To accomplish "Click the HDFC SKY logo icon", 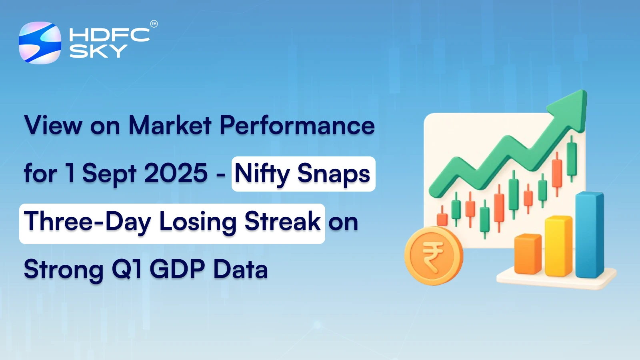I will click(40, 43).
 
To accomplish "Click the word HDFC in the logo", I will click(109, 35).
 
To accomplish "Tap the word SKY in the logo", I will click(98, 51).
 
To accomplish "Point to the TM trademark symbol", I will click(154, 24).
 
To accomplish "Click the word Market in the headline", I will click(170, 126).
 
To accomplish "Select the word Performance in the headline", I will click(297, 126).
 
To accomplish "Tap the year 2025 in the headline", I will click(176, 174).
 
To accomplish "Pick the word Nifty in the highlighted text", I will click(262, 174).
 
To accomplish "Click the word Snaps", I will click(334, 174).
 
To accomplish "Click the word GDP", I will click(177, 269).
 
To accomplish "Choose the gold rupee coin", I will click(433, 256).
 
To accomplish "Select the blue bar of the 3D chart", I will click(589, 235).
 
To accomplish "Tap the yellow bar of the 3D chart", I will click(558, 246).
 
